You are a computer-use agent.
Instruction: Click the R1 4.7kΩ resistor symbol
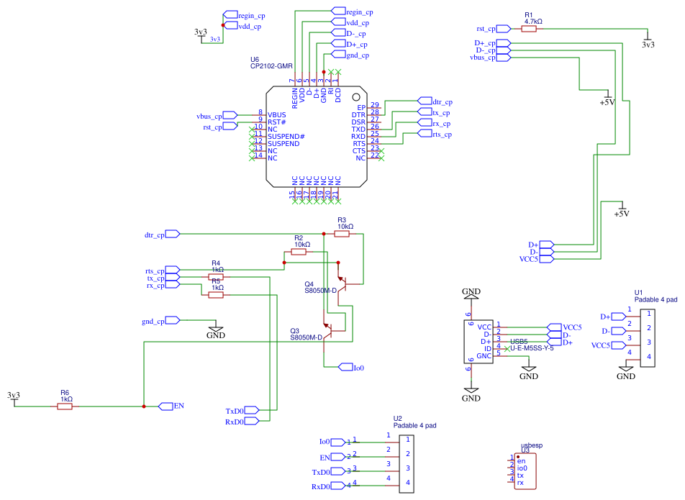532,29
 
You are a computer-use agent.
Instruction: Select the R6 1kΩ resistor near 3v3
65,406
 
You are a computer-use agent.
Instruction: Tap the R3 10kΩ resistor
342,234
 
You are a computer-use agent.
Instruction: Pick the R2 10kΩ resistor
301,253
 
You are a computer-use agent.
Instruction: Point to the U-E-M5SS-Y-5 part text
532,348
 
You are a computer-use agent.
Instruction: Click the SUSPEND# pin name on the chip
286,137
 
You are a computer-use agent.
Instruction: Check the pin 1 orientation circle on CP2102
355,96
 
